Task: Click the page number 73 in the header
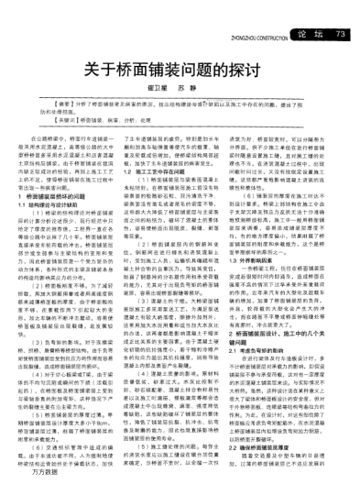pyautogui.click(x=341, y=9)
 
